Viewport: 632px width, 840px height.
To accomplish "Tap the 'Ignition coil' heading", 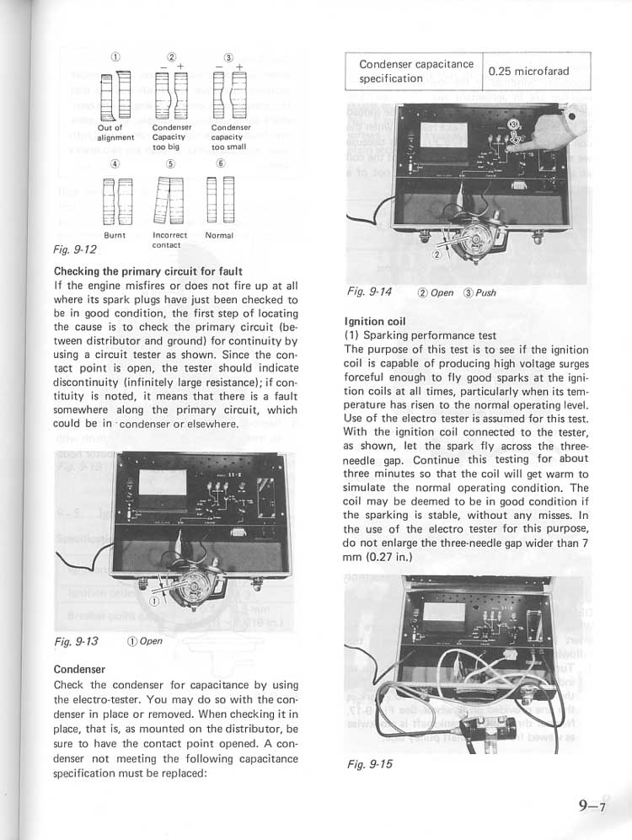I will [x=375, y=321].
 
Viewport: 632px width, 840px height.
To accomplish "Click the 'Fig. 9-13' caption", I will [x=75, y=641].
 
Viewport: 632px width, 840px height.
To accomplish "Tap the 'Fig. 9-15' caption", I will [x=370, y=765].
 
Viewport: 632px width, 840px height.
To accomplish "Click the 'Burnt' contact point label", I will [x=115, y=235].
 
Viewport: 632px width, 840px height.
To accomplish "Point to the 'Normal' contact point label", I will [x=219, y=235].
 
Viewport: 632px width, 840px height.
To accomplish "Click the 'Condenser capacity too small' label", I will [x=228, y=136].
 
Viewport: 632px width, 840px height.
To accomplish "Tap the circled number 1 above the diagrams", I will [x=115, y=56].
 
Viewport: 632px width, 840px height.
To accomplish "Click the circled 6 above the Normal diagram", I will [x=221, y=163].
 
